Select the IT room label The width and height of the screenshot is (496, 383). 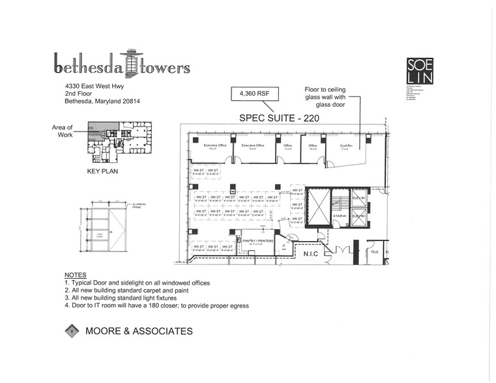(x=285, y=247)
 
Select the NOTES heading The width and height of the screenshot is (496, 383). (x=76, y=276)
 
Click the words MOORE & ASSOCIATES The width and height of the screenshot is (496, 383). (x=139, y=332)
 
